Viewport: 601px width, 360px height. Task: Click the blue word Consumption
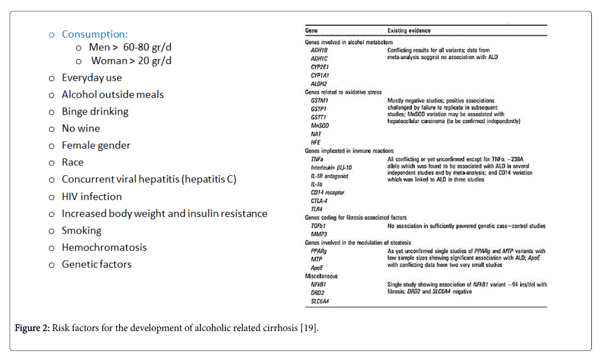[95, 35]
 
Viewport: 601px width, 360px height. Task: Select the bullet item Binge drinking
[95, 112]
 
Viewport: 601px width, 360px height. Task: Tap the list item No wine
[80, 128]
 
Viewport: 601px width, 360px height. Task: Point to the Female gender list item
[96, 146]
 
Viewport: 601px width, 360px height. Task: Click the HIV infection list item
[92, 197]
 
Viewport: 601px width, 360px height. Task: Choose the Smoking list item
[81, 231]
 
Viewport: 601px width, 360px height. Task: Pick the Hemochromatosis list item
[104, 247]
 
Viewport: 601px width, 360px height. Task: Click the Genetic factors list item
[96, 264]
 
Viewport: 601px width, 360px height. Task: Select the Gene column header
[311, 31]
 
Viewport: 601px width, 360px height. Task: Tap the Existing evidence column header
[409, 31]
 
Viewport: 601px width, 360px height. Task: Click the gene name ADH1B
[319, 50]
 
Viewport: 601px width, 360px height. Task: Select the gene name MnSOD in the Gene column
[320, 125]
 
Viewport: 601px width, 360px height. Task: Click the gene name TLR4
[317, 209]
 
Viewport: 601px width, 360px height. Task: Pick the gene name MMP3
[319, 234]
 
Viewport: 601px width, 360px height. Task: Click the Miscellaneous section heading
[321, 276]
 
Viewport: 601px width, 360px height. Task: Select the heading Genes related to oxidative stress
[343, 93]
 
